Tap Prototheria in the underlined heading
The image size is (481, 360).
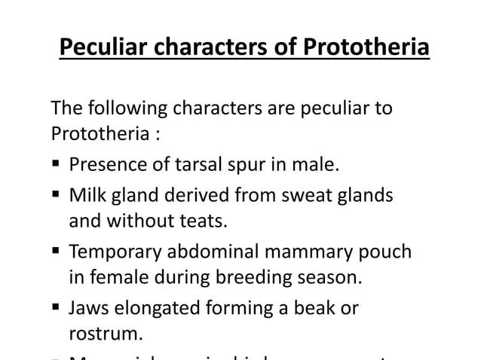(x=366, y=48)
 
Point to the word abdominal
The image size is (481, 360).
(x=219, y=252)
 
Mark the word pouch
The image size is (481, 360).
(x=389, y=252)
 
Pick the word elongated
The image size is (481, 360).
(x=158, y=309)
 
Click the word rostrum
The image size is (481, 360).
(x=99, y=332)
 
